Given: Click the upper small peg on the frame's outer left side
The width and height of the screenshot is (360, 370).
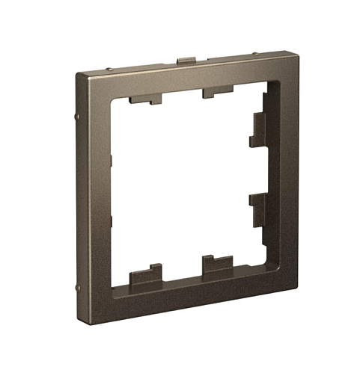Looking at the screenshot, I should coord(79,117).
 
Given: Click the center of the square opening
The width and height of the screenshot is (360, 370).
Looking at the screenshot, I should coord(187,187).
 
